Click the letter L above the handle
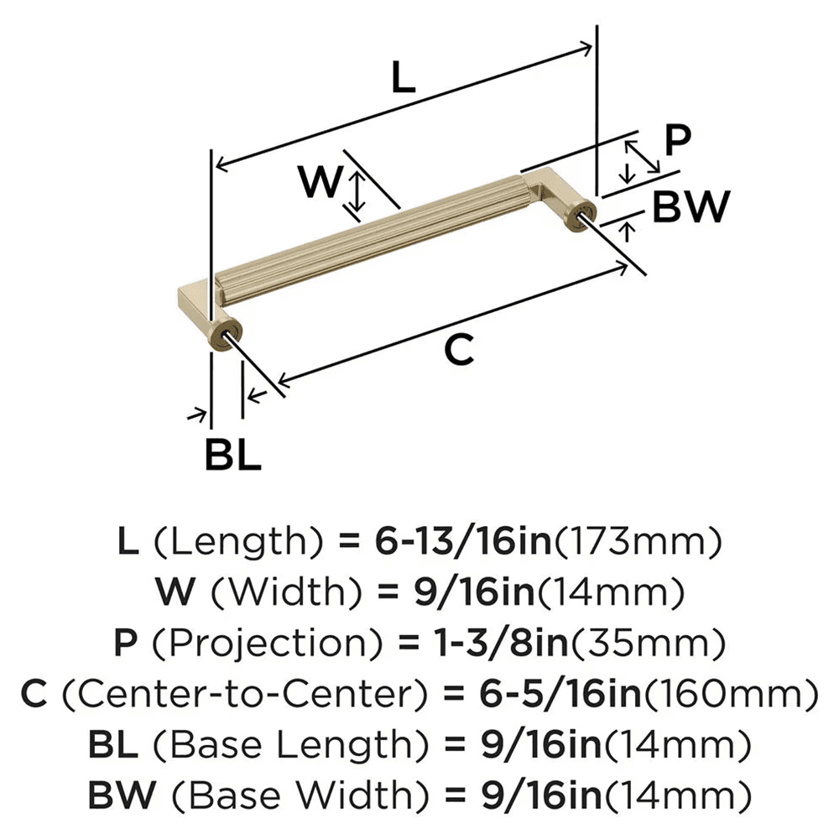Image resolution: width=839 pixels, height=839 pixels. (404, 78)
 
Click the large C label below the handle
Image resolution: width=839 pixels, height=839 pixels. (459, 350)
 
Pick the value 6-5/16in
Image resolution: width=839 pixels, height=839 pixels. (558, 694)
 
